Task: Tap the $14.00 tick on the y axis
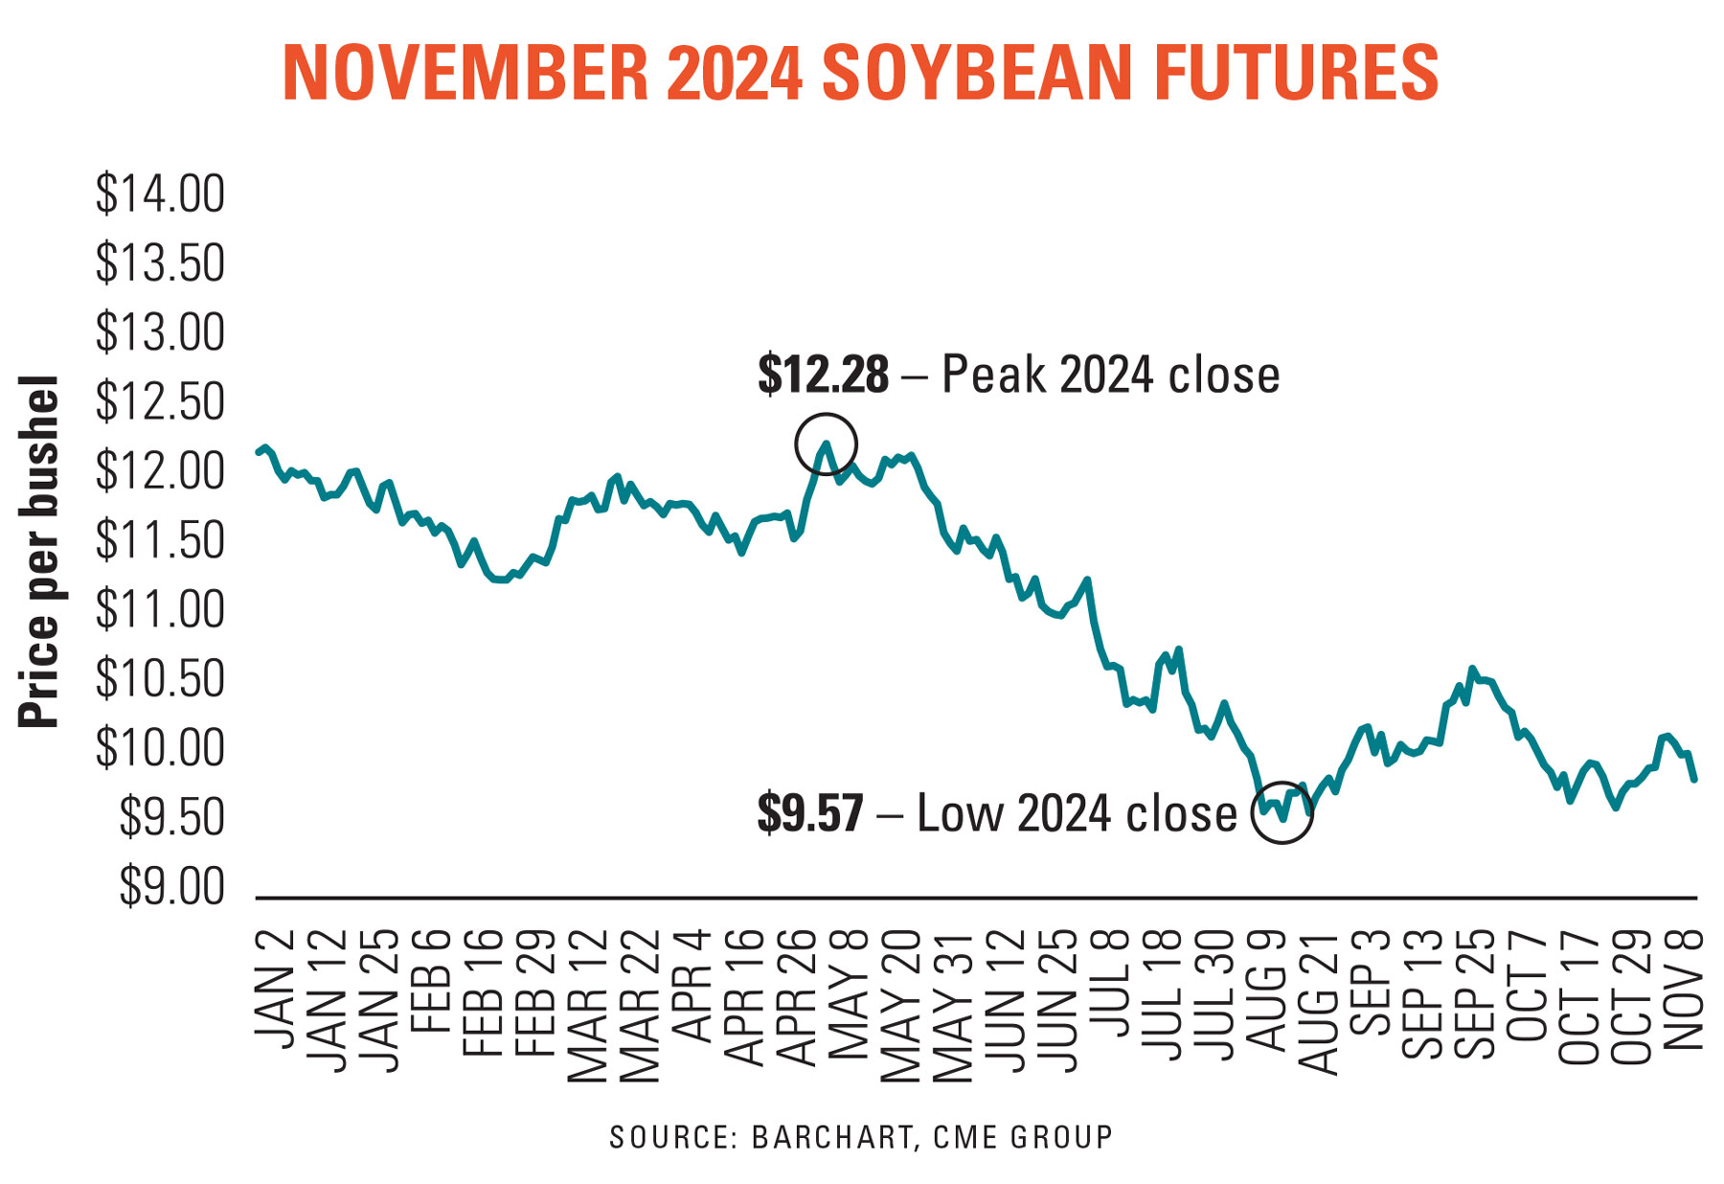pyautogui.click(x=160, y=194)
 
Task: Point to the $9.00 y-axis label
pyautogui.click(x=171, y=888)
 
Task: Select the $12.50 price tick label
pyautogui.click(x=160, y=402)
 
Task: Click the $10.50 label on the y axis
pyautogui.click(x=160, y=680)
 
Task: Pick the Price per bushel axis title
pyautogui.click(x=40, y=552)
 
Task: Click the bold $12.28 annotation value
pyautogui.click(x=823, y=375)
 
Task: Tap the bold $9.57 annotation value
pyautogui.click(x=810, y=813)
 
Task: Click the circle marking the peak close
pyautogui.click(x=826, y=444)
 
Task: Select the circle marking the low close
pyautogui.click(x=1282, y=812)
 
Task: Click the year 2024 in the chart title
pyautogui.click(x=735, y=73)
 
